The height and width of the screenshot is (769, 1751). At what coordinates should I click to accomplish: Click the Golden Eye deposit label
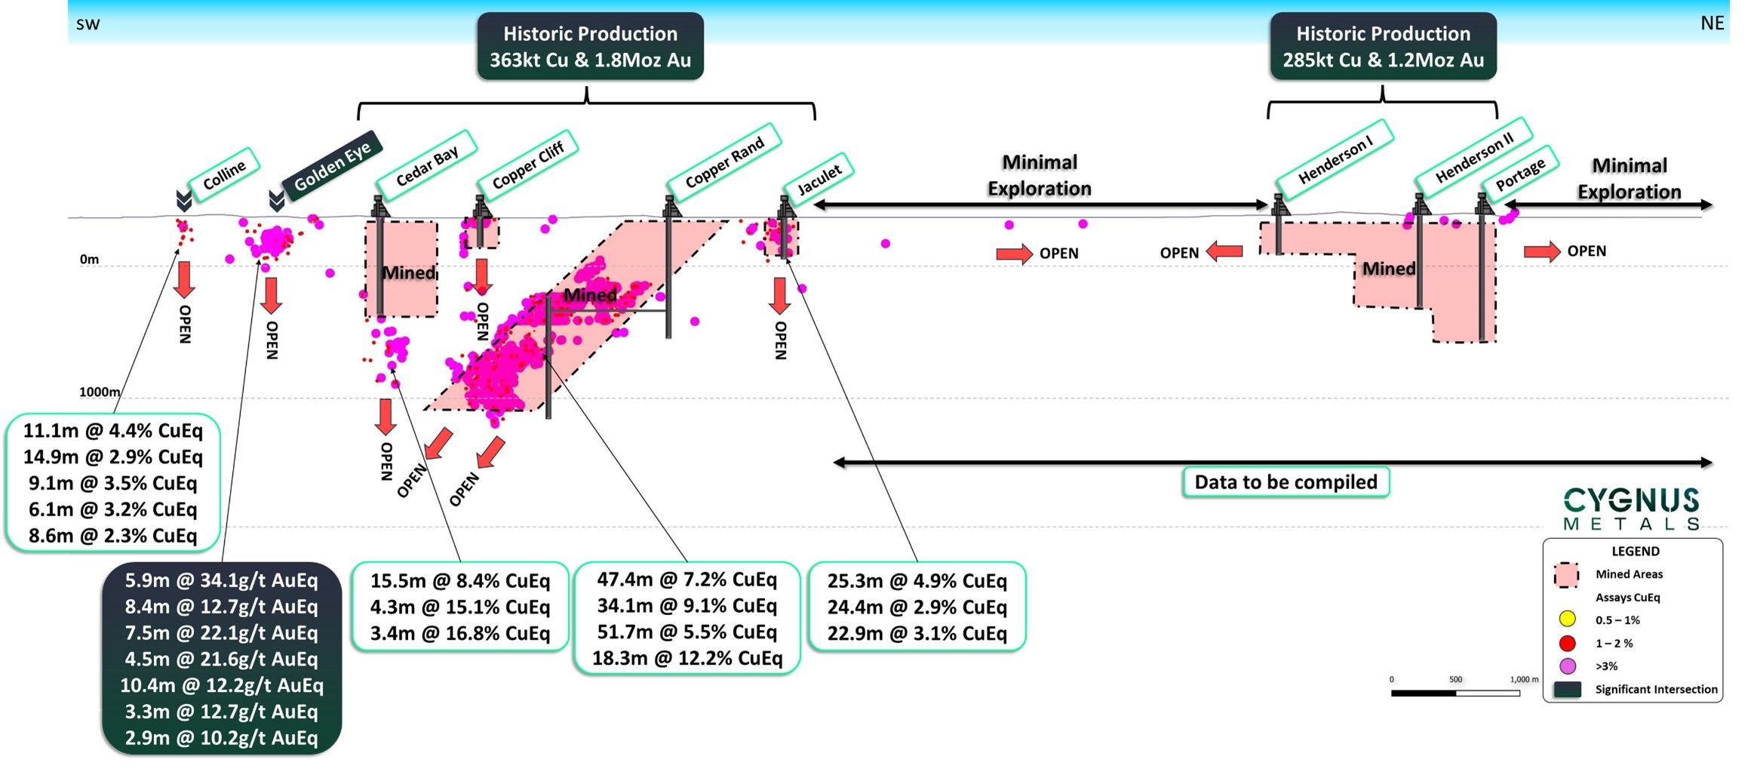pyautogui.click(x=332, y=165)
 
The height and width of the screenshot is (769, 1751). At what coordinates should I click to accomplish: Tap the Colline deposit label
pyautogui.click(x=224, y=174)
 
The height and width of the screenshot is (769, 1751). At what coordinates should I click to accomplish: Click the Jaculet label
pyautogui.click(x=819, y=179)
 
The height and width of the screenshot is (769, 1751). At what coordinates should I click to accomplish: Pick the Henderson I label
pyautogui.click(x=1335, y=160)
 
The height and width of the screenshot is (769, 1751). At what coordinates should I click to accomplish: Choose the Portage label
pyautogui.click(x=1520, y=174)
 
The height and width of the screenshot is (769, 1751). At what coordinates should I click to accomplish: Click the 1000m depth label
pyautogui.click(x=100, y=392)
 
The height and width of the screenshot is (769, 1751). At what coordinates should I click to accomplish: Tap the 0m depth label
pyautogui.click(x=89, y=260)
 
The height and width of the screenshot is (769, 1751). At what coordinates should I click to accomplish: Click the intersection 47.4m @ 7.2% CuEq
pyautogui.click(x=687, y=580)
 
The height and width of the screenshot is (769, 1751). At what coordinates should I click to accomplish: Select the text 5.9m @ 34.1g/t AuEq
pyautogui.click(x=221, y=580)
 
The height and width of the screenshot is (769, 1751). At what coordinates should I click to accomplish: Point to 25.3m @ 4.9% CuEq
pyautogui.click(x=917, y=581)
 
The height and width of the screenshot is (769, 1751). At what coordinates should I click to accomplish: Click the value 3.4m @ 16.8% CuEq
pyautogui.click(x=459, y=633)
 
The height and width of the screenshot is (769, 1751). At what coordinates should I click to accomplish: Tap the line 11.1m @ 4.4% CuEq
pyautogui.click(x=113, y=431)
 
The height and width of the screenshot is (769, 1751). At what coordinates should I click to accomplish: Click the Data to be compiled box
pyautogui.click(x=1286, y=482)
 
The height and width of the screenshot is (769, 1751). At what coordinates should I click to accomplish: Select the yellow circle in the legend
pyautogui.click(x=1567, y=620)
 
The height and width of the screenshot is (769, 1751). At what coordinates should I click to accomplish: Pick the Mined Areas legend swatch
pyautogui.click(x=1566, y=575)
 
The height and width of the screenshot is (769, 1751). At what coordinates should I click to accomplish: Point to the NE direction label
pyautogui.click(x=1712, y=23)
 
